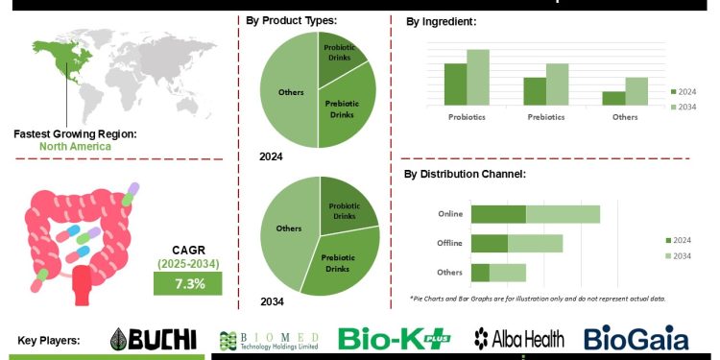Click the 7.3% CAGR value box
188,283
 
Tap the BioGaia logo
636,338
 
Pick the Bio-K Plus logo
396,338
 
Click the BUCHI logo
154,338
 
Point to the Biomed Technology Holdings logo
271,339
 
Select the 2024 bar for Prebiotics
535,91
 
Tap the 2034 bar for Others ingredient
636,91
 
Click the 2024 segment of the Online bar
498,214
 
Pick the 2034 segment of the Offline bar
535,243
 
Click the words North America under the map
75,147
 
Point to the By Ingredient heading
442,20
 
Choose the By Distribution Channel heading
465,174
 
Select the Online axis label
449,215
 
